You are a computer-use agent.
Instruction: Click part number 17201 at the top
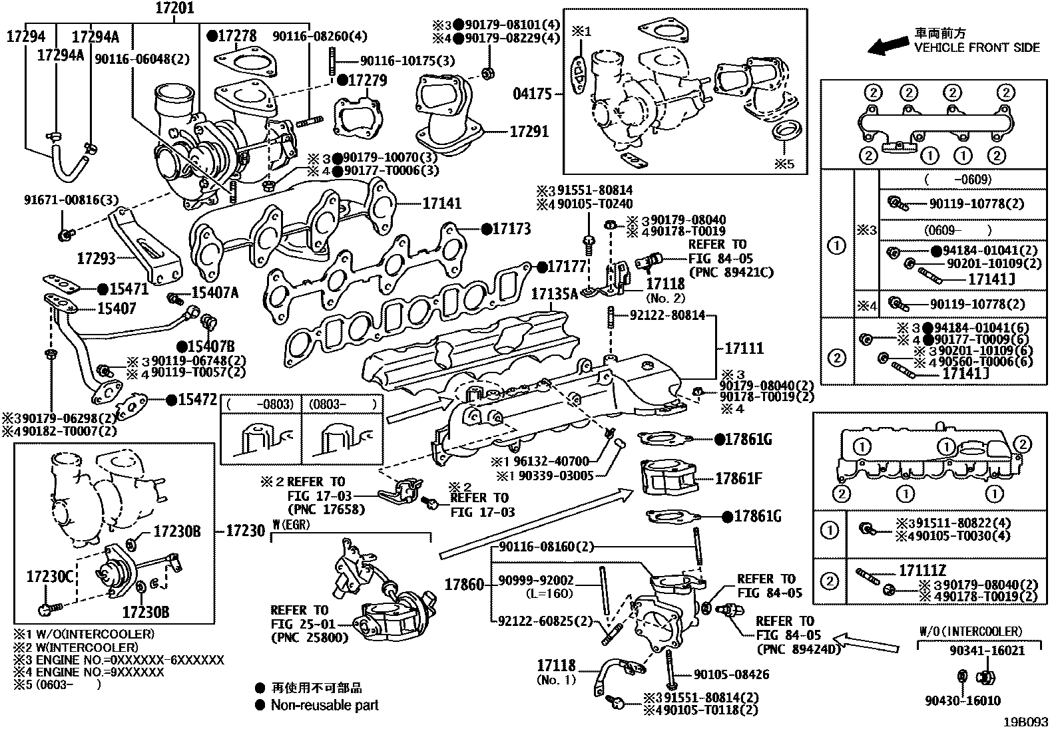pyautogui.click(x=174, y=9)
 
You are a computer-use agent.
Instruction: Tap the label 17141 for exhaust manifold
pyautogui.click(x=441, y=204)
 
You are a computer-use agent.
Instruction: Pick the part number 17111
pyautogui.click(x=744, y=348)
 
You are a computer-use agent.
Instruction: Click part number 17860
pyautogui.click(x=464, y=585)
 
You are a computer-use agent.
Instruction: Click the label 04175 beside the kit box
pyautogui.click(x=532, y=94)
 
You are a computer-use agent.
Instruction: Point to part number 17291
pyautogui.click(x=529, y=132)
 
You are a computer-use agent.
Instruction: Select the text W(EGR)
pyautogui.click(x=292, y=524)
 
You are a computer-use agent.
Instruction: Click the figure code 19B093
pyautogui.click(x=1027, y=721)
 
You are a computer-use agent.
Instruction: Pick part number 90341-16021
pyautogui.click(x=987, y=651)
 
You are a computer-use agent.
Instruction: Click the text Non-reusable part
pyautogui.click(x=324, y=705)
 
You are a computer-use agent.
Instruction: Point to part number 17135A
pyautogui.click(x=555, y=293)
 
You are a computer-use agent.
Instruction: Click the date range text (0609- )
pyautogui.click(x=957, y=230)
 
